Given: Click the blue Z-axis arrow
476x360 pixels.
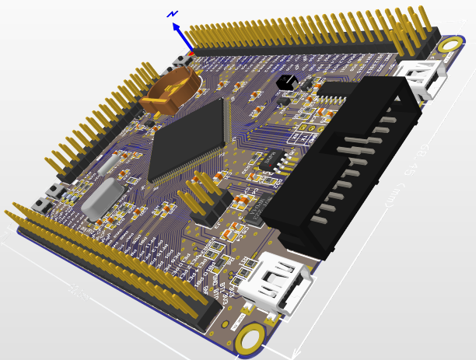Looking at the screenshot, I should (183, 36).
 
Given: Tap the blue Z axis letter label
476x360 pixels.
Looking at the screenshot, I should (173, 13).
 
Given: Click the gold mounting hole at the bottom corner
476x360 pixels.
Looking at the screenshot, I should (250, 339).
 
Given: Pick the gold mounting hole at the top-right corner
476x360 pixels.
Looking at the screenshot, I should (449, 45).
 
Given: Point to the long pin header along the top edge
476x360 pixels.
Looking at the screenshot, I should (311, 35).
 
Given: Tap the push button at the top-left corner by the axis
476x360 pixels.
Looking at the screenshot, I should (185, 59).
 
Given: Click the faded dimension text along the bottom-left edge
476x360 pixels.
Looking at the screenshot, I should (78, 292).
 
